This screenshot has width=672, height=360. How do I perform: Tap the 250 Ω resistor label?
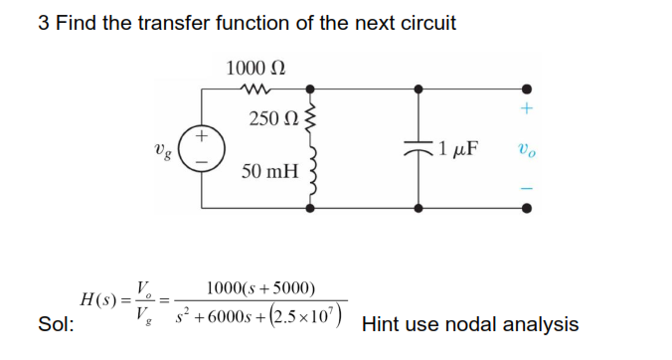tap(270, 119)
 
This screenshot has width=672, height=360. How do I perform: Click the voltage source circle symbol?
tap(202, 148)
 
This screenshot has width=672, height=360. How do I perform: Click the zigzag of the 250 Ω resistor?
tap(314, 120)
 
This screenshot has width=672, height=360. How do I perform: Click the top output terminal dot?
tap(526, 89)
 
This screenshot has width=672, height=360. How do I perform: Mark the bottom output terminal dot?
tap(526, 209)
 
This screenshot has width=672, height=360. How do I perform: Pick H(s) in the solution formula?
tap(103, 301)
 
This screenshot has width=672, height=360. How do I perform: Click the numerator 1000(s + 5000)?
tap(260, 288)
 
